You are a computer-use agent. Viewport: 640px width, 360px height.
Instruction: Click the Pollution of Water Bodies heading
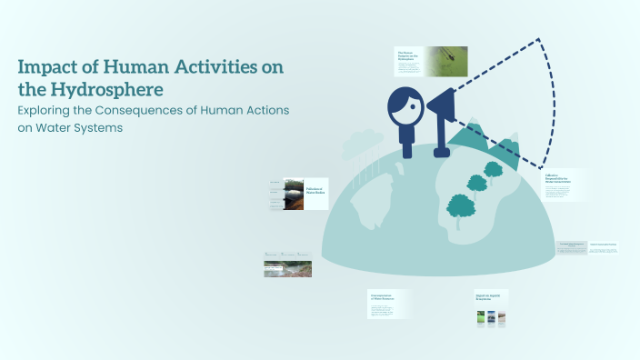314,190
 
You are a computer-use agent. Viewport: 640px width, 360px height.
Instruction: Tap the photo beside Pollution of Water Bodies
293,194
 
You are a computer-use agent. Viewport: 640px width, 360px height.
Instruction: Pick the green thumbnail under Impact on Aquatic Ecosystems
480,318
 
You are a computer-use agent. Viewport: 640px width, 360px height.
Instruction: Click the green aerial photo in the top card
445,61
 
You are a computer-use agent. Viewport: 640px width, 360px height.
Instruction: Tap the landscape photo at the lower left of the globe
287,268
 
